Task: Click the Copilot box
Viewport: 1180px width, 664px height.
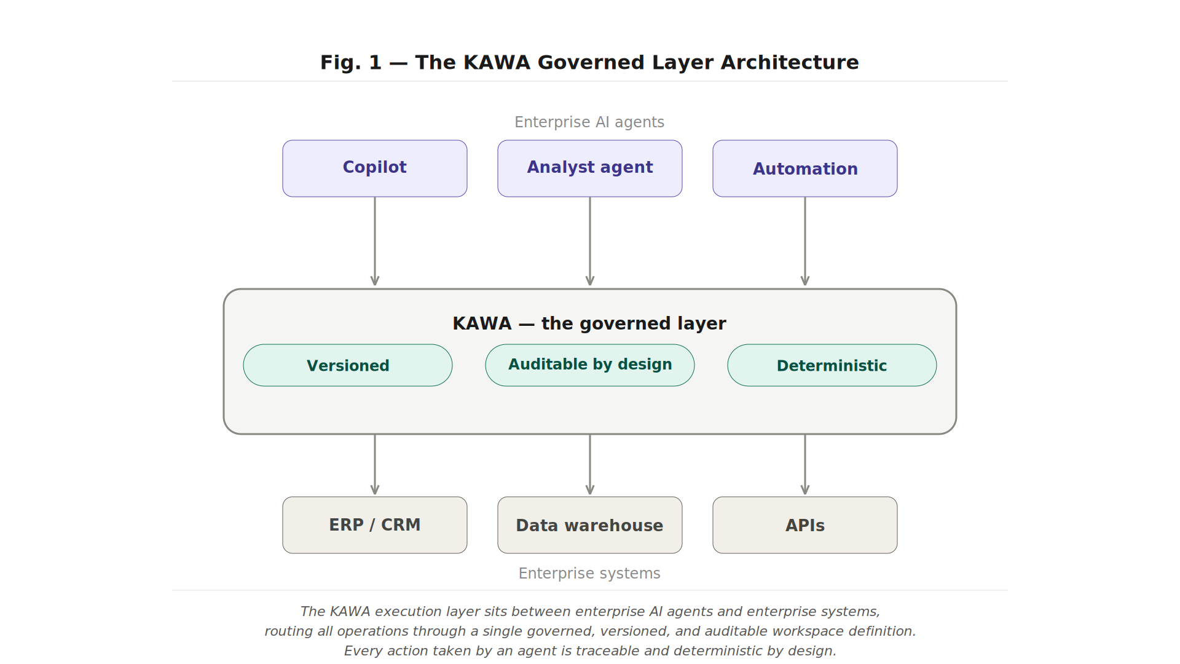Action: [375, 168]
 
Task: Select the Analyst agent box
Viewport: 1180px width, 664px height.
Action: [590, 168]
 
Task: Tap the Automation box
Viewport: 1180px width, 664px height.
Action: [805, 168]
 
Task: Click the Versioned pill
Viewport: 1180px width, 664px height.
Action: [348, 365]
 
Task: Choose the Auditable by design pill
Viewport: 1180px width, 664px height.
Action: [590, 365]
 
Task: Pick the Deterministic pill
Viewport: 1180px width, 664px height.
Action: [832, 365]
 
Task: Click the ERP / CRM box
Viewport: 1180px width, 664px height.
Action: [375, 525]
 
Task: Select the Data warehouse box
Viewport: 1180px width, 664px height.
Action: [590, 525]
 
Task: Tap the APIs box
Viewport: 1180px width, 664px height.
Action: [805, 525]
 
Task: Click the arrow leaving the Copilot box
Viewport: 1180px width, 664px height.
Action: [375, 241]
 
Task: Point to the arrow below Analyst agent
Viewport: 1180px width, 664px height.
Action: [590, 241]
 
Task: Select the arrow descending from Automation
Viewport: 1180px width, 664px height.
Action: [805, 241]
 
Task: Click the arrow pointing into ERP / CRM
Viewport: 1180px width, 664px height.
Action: [375, 465]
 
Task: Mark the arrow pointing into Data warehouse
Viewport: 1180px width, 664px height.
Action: [590, 465]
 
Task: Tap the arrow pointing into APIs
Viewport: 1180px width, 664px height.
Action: [805, 465]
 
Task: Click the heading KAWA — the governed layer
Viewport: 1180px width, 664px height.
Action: [589, 323]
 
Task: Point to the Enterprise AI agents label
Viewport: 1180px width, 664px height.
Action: [589, 122]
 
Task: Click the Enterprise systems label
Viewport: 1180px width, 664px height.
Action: [589, 573]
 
